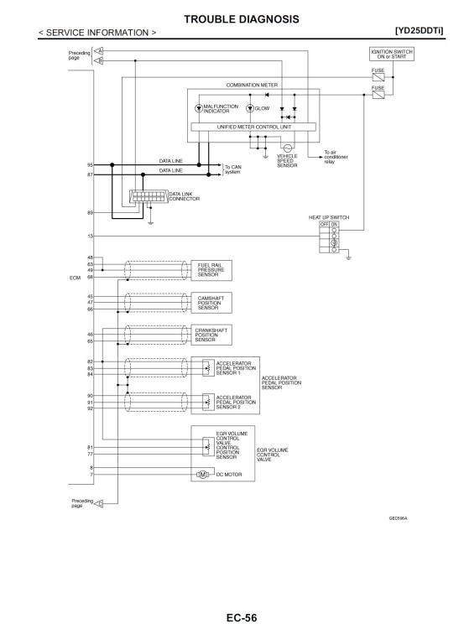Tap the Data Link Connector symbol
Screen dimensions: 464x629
[149, 196]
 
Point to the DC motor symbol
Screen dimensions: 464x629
[202, 475]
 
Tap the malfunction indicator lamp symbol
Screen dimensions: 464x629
[198, 108]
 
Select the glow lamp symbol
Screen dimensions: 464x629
[250, 108]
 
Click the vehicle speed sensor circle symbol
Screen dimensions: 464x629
[288, 148]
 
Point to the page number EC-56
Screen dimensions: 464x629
[242, 617]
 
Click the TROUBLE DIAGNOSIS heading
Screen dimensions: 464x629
[242, 19]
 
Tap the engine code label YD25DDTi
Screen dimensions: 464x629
[420, 30]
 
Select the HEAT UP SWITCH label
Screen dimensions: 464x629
[329, 217]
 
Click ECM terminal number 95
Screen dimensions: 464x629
[90, 165]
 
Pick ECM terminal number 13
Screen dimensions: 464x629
[91, 237]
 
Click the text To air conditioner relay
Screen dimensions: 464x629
[336, 157]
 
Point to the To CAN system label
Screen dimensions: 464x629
[232, 169]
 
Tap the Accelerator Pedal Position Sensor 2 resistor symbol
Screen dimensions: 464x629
[208, 402]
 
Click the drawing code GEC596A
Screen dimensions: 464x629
[398, 518]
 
